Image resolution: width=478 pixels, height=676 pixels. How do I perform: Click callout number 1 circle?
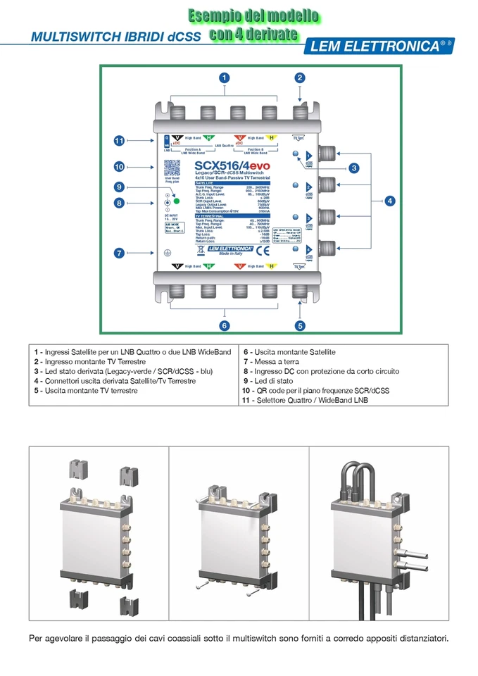click(x=224, y=78)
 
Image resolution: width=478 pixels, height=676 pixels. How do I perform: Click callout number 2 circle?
click(x=300, y=78)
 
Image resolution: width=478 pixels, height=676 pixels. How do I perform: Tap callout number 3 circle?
click(x=354, y=168)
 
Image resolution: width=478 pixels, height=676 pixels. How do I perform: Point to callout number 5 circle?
click(x=300, y=325)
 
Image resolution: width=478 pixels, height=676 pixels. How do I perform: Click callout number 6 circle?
click(x=224, y=325)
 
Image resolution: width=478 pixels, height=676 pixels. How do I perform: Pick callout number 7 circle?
click(x=120, y=252)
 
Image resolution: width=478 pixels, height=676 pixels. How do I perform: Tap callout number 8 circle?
click(x=120, y=203)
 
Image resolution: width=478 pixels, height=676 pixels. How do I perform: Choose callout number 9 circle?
click(x=120, y=187)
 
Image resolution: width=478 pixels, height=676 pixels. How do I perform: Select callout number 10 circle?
click(x=120, y=167)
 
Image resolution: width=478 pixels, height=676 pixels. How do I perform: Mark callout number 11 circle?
click(x=120, y=141)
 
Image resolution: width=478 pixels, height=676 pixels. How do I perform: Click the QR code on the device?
click(x=172, y=168)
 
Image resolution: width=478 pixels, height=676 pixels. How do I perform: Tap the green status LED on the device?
click(x=178, y=202)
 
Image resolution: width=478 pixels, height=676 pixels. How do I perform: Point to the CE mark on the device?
click(x=259, y=250)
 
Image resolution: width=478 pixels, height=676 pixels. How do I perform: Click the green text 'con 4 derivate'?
click(x=253, y=34)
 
